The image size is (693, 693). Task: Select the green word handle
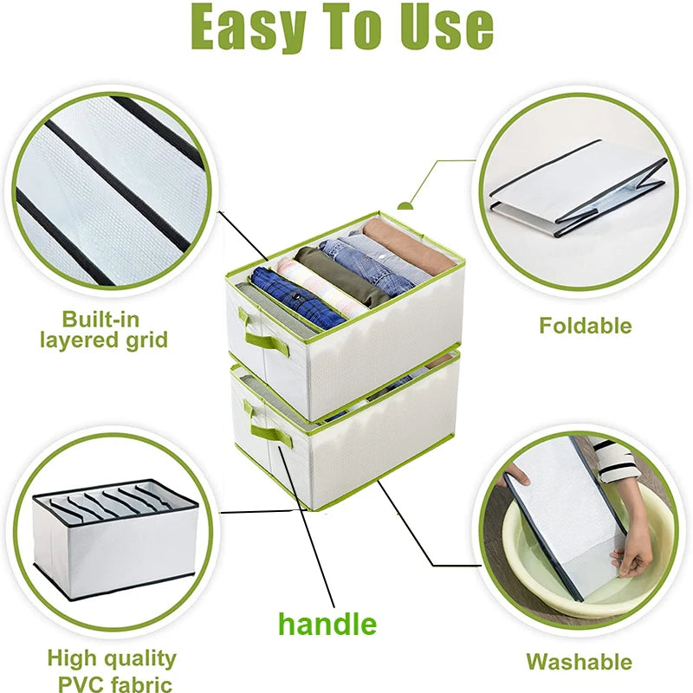click(327, 624)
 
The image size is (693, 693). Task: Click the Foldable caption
click(585, 327)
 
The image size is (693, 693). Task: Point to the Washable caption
click(579, 663)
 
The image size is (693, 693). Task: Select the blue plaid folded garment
click(296, 296)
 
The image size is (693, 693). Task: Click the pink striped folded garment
click(322, 286)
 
